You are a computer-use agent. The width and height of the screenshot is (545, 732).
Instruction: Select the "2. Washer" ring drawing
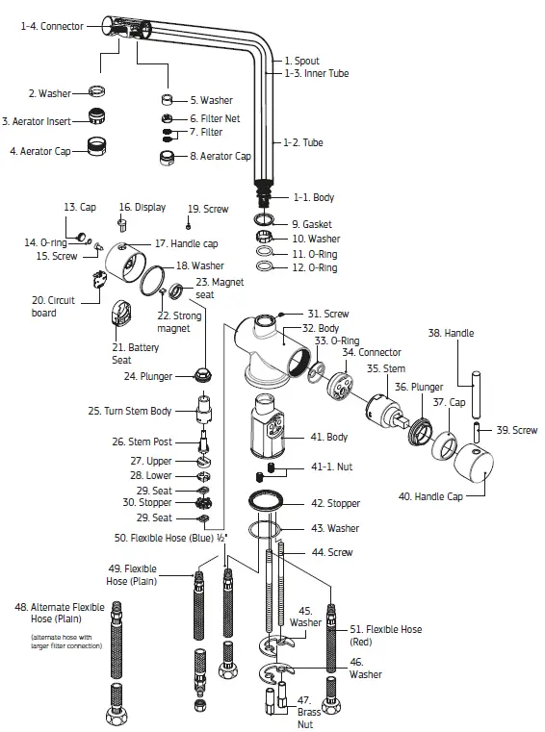point(96,92)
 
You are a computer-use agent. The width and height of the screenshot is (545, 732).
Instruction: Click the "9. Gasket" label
point(311,224)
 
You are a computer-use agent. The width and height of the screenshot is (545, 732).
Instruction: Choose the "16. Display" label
point(143,207)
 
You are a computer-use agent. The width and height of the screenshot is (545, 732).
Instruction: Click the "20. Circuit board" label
point(44,306)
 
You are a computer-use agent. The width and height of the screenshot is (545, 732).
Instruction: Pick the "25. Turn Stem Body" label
point(129,411)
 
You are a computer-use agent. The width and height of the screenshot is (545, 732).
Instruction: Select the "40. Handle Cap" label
point(430,496)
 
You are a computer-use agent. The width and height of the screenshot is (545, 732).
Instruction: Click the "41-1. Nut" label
point(330,466)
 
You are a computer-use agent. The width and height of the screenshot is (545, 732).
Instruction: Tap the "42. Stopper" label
point(336,503)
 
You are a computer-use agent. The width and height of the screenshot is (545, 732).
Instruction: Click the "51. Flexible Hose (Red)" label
point(384,636)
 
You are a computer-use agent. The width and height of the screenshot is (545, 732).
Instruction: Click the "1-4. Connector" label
point(52,26)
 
